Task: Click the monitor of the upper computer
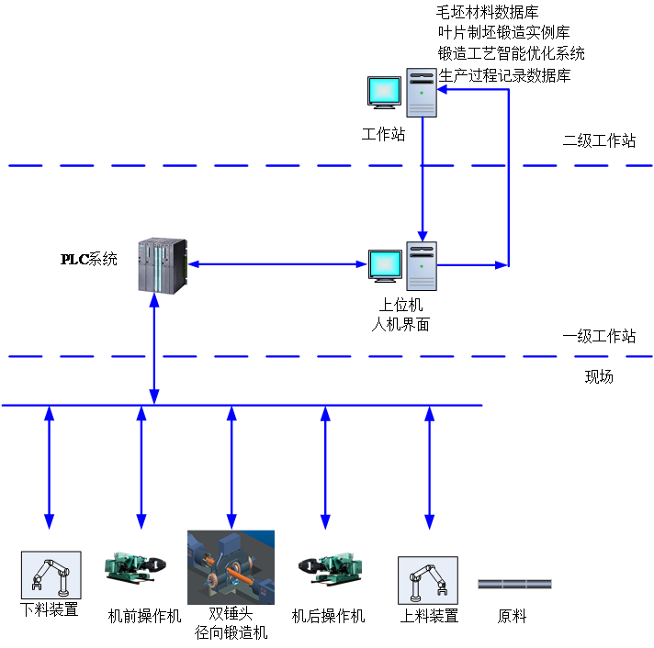(x=385, y=92)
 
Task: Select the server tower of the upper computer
(x=422, y=93)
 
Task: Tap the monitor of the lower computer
(x=385, y=265)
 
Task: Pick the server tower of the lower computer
(x=422, y=266)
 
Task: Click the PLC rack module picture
(x=158, y=266)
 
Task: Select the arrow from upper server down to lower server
(x=423, y=174)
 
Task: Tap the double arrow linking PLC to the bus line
(x=154, y=349)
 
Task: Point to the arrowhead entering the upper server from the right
(x=443, y=90)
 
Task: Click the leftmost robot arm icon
(x=51, y=575)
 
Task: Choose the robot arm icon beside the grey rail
(x=427, y=580)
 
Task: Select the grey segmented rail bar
(x=514, y=584)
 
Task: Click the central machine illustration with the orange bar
(x=231, y=567)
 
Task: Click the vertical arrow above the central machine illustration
(x=231, y=468)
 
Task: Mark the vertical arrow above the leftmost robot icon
(x=50, y=468)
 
